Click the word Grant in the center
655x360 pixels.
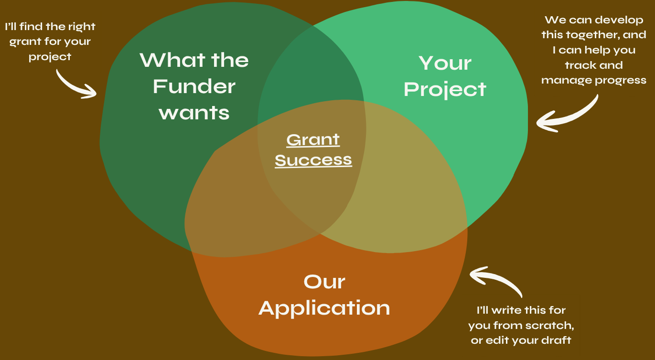point(313,140)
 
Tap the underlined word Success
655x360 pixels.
point(313,160)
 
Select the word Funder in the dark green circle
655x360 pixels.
point(194,86)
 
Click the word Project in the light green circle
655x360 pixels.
point(445,90)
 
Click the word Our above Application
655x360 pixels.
point(324,282)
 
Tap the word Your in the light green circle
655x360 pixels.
point(445,63)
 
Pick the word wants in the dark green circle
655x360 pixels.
point(194,113)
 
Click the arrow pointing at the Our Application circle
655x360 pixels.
point(497,278)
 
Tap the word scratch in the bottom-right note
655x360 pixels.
point(553,326)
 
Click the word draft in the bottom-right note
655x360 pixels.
point(556,340)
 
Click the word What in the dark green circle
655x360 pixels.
point(172,60)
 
